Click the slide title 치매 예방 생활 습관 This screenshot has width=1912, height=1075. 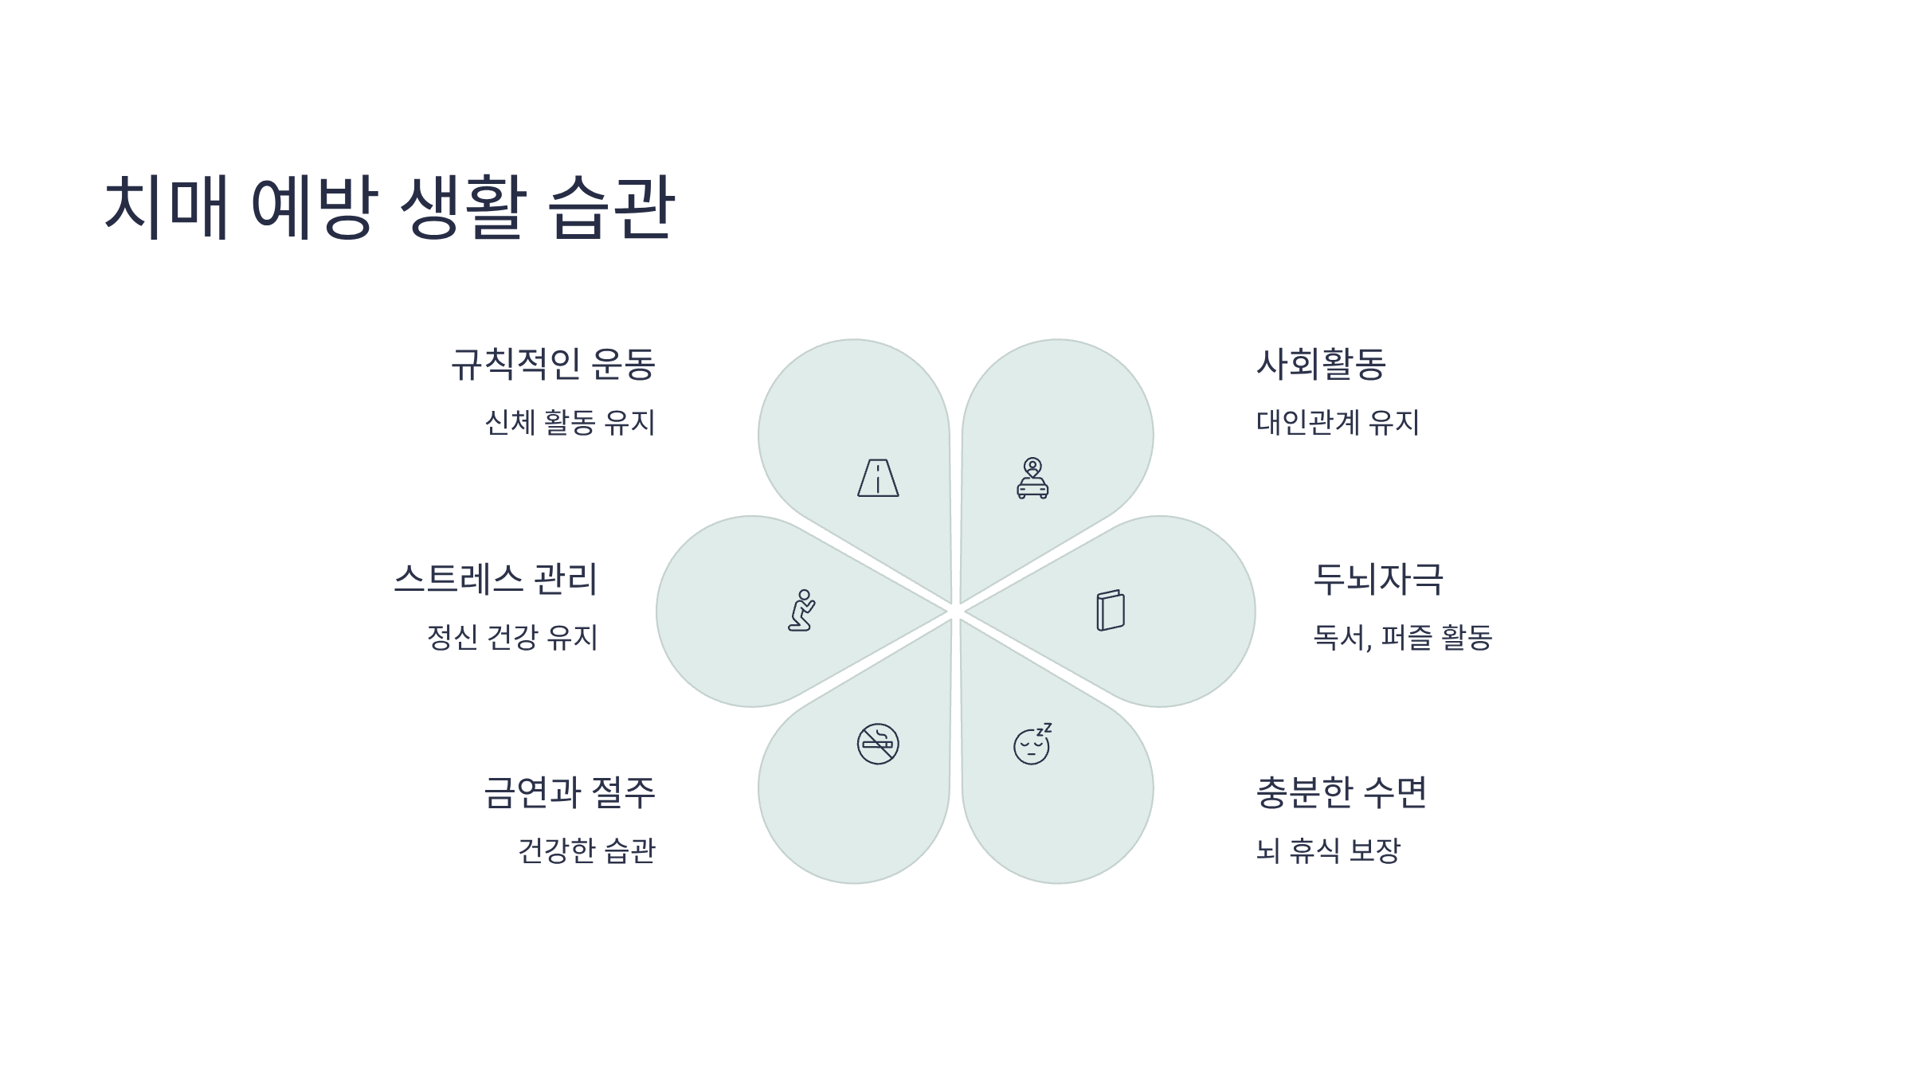pyautogui.click(x=390, y=207)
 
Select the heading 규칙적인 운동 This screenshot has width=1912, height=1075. pyautogui.click(x=553, y=365)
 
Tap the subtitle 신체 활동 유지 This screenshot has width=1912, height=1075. pyautogui.click(x=570, y=422)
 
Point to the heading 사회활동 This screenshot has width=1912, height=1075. pyautogui.click(x=1321, y=365)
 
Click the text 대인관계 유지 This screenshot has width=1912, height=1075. pyautogui.click(x=1338, y=422)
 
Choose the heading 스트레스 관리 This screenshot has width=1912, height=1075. pyautogui.click(x=496, y=579)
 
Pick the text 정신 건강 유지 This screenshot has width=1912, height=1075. pyautogui.click(x=512, y=637)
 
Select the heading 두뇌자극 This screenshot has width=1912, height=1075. pyautogui.click(x=1377, y=579)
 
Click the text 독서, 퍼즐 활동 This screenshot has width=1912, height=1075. pyautogui.click(x=1402, y=637)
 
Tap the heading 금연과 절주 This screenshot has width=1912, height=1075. pyautogui.click(x=570, y=793)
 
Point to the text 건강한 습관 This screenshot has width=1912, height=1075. pyautogui.click(x=586, y=850)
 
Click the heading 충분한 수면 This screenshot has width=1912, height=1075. pyautogui.click(x=1341, y=793)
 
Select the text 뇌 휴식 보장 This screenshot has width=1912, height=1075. pyautogui.click(x=1328, y=850)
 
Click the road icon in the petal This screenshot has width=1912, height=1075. pyautogui.click(x=878, y=478)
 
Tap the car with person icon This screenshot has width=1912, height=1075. pyautogui.click(x=1032, y=478)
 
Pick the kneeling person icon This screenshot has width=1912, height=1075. pyautogui.click(x=801, y=611)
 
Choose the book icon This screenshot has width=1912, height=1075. pyautogui.click(x=1110, y=611)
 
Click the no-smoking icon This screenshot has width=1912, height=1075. pyautogui.click(x=878, y=744)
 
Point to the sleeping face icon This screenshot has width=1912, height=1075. pyautogui.click(x=1032, y=744)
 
